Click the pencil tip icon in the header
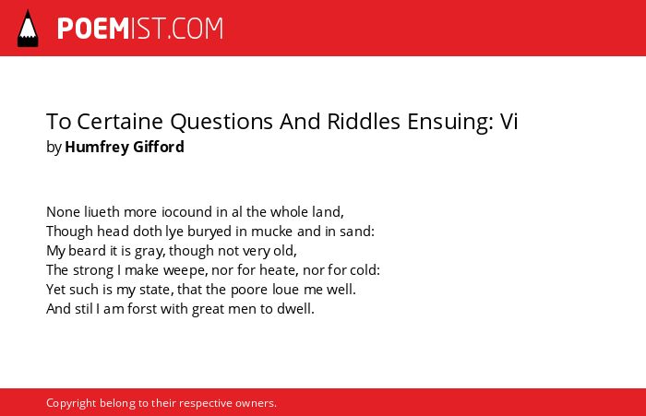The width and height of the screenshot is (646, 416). [28, 29]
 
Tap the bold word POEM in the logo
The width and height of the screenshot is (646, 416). [93, 29]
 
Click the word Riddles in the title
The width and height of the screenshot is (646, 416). [364, 121]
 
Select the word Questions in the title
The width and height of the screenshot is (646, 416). [221, 122]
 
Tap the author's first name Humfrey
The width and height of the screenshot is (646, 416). [96, 147]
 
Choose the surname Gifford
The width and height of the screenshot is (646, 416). [159, 147]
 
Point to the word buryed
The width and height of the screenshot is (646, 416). [209, 232]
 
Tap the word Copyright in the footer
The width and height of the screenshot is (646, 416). [71, 403]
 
